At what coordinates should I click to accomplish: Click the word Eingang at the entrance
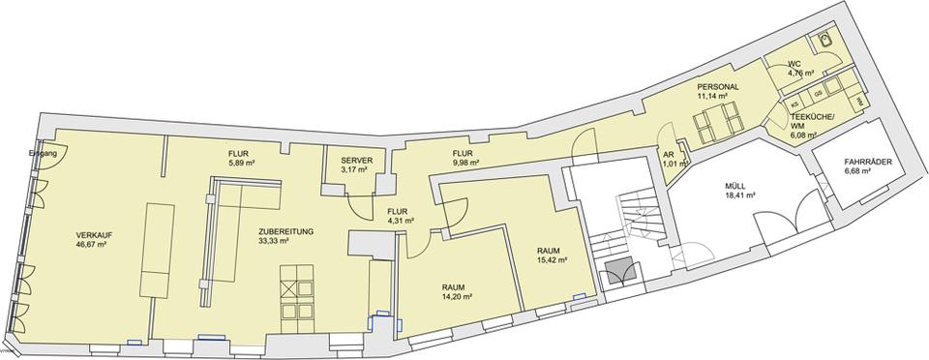tap(44, 153)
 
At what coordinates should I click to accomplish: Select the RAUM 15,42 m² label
tap(552, 255)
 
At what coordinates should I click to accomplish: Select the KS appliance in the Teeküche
tap(795, 103)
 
